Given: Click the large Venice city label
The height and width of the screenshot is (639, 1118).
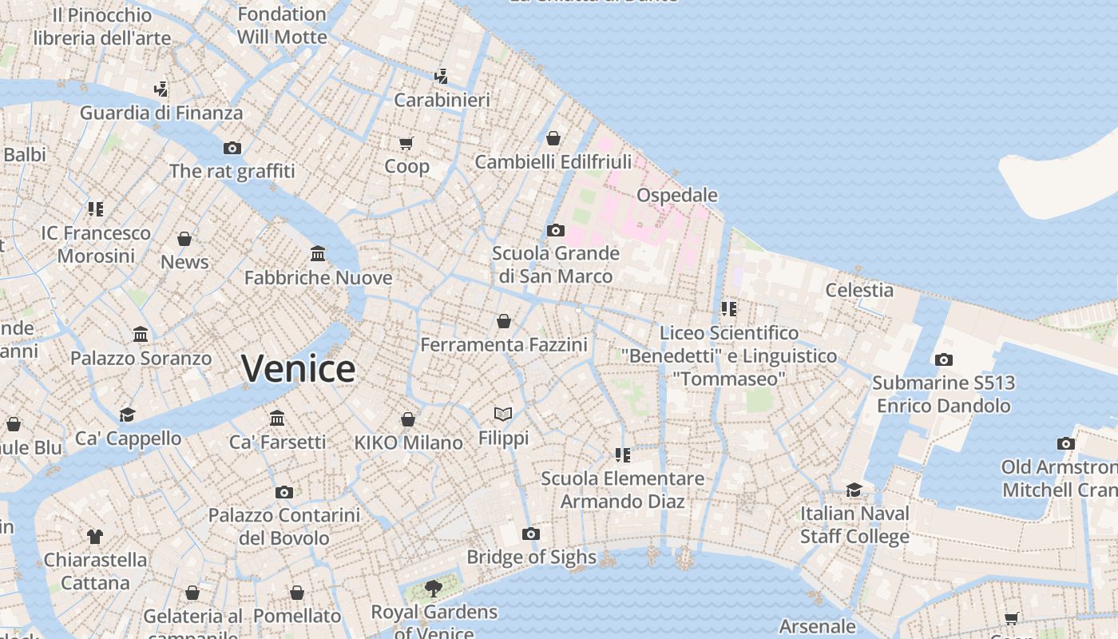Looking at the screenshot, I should pyautogui.click(x=299, y=369).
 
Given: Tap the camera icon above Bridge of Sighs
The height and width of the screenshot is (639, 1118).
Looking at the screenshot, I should pyautogui.click(x=531, y=534).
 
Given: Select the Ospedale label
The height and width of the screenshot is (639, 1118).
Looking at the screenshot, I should pyautogui.click(x=676, y=196).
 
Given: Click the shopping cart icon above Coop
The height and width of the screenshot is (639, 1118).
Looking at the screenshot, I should pyautogui.click(x=406, y=143).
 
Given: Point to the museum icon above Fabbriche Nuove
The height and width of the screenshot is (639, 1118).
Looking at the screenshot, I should pyautogui.click(x=318, y=254).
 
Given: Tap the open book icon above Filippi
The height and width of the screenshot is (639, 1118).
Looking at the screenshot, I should pyautogui.click(x=503, y=414).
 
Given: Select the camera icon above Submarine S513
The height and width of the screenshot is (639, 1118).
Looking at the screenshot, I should pyautogui.click(x=943, y=359).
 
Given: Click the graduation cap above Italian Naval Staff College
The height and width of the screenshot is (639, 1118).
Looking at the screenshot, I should pyautogui.click(x=854, y=489).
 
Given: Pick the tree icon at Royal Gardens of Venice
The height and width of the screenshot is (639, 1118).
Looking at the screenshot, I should pyautogui.click(x=434, y=589).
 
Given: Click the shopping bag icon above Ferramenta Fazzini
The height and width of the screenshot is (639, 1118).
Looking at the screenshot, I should pyautogui.click(x=504, y=321).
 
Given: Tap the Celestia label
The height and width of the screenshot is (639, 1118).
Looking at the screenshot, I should pyautogui.click(x=859, y=290).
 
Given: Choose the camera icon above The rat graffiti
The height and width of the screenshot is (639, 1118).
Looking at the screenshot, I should pyautogui.click(x=232, y=148).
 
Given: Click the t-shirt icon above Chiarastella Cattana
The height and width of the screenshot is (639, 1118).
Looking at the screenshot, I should pyautogui.click(x=95, y=536).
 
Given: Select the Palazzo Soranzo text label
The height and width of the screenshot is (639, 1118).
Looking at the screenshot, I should pyautogui.click(x=141, y=358).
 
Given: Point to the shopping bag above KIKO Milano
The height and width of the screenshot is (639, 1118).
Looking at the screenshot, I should pyautogui.click(x=408, y=419).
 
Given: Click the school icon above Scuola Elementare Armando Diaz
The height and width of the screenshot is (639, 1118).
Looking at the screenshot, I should pyautogui.click(x=623, y=454).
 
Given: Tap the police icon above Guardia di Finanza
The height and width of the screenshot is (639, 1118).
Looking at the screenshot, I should pyautogui.click(x=161, y=88).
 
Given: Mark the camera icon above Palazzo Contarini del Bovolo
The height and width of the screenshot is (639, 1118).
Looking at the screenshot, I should pyautogui.click(x=283, y=492).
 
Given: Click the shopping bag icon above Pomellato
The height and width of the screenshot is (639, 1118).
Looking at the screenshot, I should pyautogui.click(x=297, y=593).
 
